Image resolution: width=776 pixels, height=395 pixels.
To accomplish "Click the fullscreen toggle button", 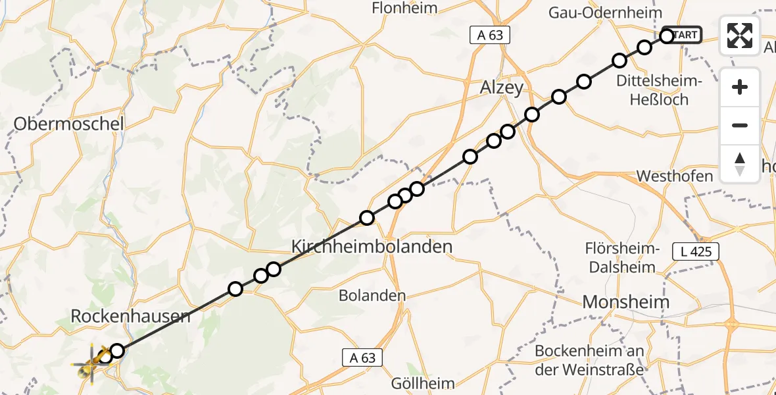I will point(740,36).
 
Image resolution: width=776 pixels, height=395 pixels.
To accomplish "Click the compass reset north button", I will point(740,163).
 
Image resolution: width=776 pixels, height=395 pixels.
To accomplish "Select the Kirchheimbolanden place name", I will point(372,247).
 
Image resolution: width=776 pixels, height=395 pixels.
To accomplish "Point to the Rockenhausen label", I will point(131,316).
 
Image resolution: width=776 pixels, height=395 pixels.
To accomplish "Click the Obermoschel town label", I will point(68,123).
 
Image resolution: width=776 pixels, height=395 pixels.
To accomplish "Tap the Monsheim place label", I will point(627,302).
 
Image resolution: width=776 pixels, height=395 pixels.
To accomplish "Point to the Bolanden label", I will point(372,296).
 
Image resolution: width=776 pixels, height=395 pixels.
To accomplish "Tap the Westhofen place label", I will point(675,176).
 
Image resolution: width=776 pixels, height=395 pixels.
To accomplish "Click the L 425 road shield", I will point(696,251).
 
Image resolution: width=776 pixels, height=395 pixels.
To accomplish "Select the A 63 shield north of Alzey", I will point(490,35).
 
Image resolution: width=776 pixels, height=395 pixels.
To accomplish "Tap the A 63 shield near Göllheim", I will point(362,357).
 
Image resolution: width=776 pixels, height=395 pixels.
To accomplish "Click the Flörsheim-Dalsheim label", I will point(621,258).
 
